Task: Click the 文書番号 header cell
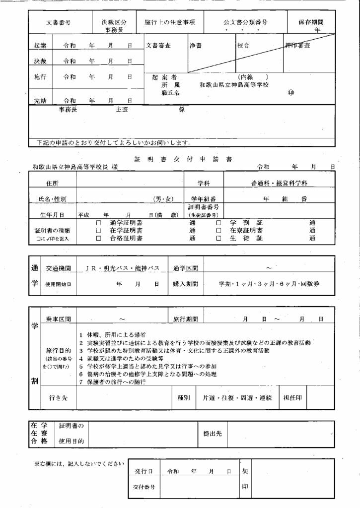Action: tap(58, 23)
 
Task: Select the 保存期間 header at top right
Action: tap(311, 23)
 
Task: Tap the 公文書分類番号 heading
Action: tap(245, 23)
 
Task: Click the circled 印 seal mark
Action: tap(290, 92)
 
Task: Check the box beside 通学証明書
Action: tap(98, 223)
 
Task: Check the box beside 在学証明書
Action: tap(98, 231)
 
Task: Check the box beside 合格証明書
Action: tap(98, 239)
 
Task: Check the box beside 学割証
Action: tap(218, 223)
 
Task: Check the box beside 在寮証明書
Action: tap(218, 231)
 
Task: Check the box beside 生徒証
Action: tap(218, 239)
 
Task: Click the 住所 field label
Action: tap(52, 184)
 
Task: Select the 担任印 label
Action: tap(293, 398)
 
